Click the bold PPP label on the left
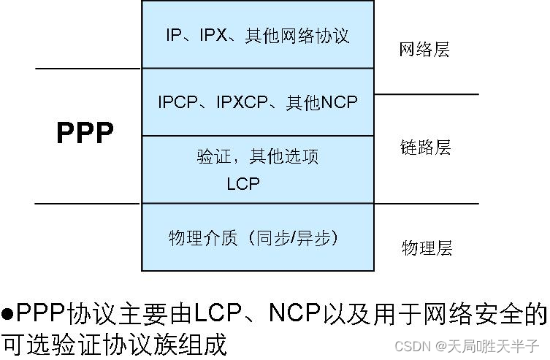tap(85, 134)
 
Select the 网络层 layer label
tap(424, 50)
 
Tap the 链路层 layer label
tap(426, 148)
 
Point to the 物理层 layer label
tap(427, 248)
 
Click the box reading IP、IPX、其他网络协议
tap(257, 35)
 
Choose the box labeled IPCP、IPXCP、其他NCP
tap(257, 102)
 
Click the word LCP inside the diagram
tap(242, 184)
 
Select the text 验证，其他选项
tap(257, 156)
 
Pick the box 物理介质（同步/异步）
tap(257, 238)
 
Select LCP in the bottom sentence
tap(220, 314)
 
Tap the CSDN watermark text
tap(413, 344)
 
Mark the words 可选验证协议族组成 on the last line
tap(114, 343)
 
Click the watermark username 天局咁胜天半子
tap(492, 344)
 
